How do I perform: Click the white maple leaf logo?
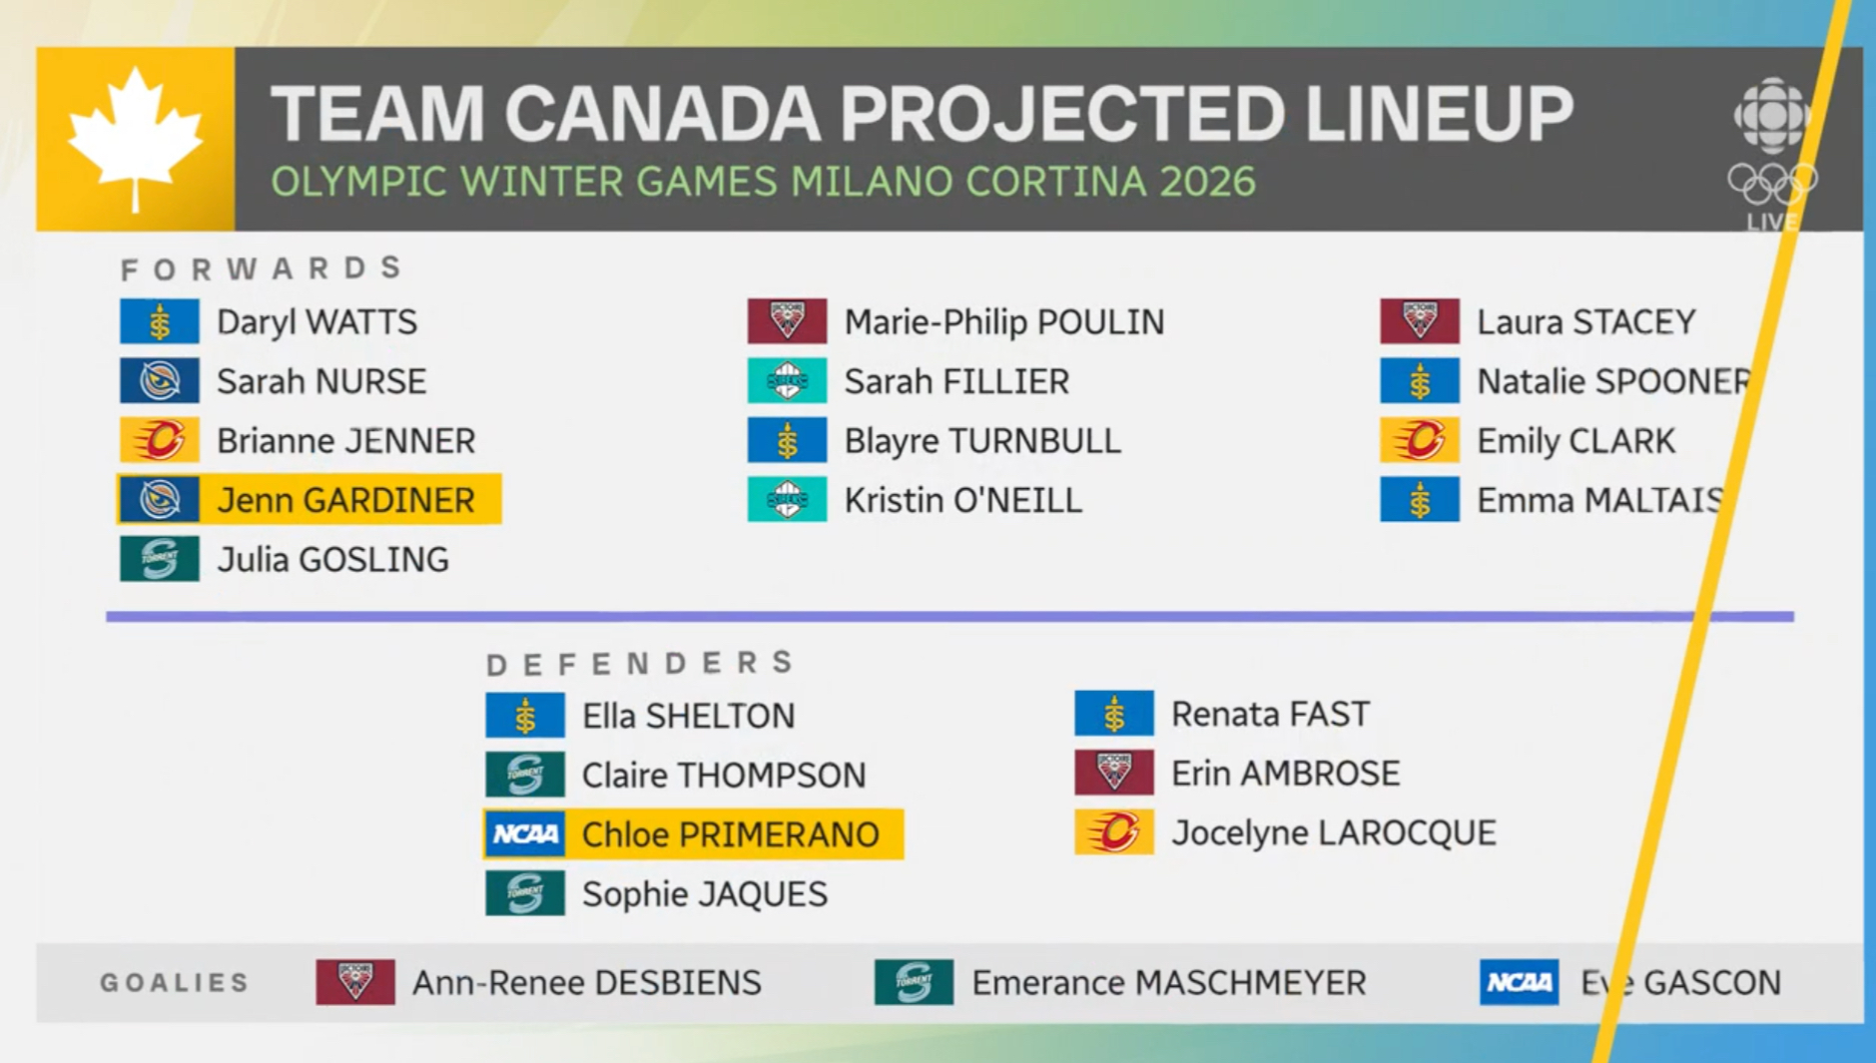pos(135,139)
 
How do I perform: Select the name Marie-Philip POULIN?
pos(1004,322)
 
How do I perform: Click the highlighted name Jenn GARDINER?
pos(345,500)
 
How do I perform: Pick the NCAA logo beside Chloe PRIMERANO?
pos(525,833)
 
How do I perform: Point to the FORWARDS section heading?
pos(262,268)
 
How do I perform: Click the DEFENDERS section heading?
pos(640,663)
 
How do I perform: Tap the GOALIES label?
pos(174,983)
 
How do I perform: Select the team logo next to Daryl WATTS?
pos(160,321)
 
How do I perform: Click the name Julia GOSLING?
pos(332,560)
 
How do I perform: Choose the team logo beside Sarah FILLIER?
pos(787,381)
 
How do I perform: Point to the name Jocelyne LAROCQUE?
pos(1333,833)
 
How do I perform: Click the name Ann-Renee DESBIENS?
pos(587,983)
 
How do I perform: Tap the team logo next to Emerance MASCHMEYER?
pos(914,982)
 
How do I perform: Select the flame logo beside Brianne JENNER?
pos(160,440)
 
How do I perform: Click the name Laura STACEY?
pos(1585,322)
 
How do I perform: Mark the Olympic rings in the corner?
pos(1773,183)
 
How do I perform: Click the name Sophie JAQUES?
pos(705,894)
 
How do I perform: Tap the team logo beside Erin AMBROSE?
pos(1114,774)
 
